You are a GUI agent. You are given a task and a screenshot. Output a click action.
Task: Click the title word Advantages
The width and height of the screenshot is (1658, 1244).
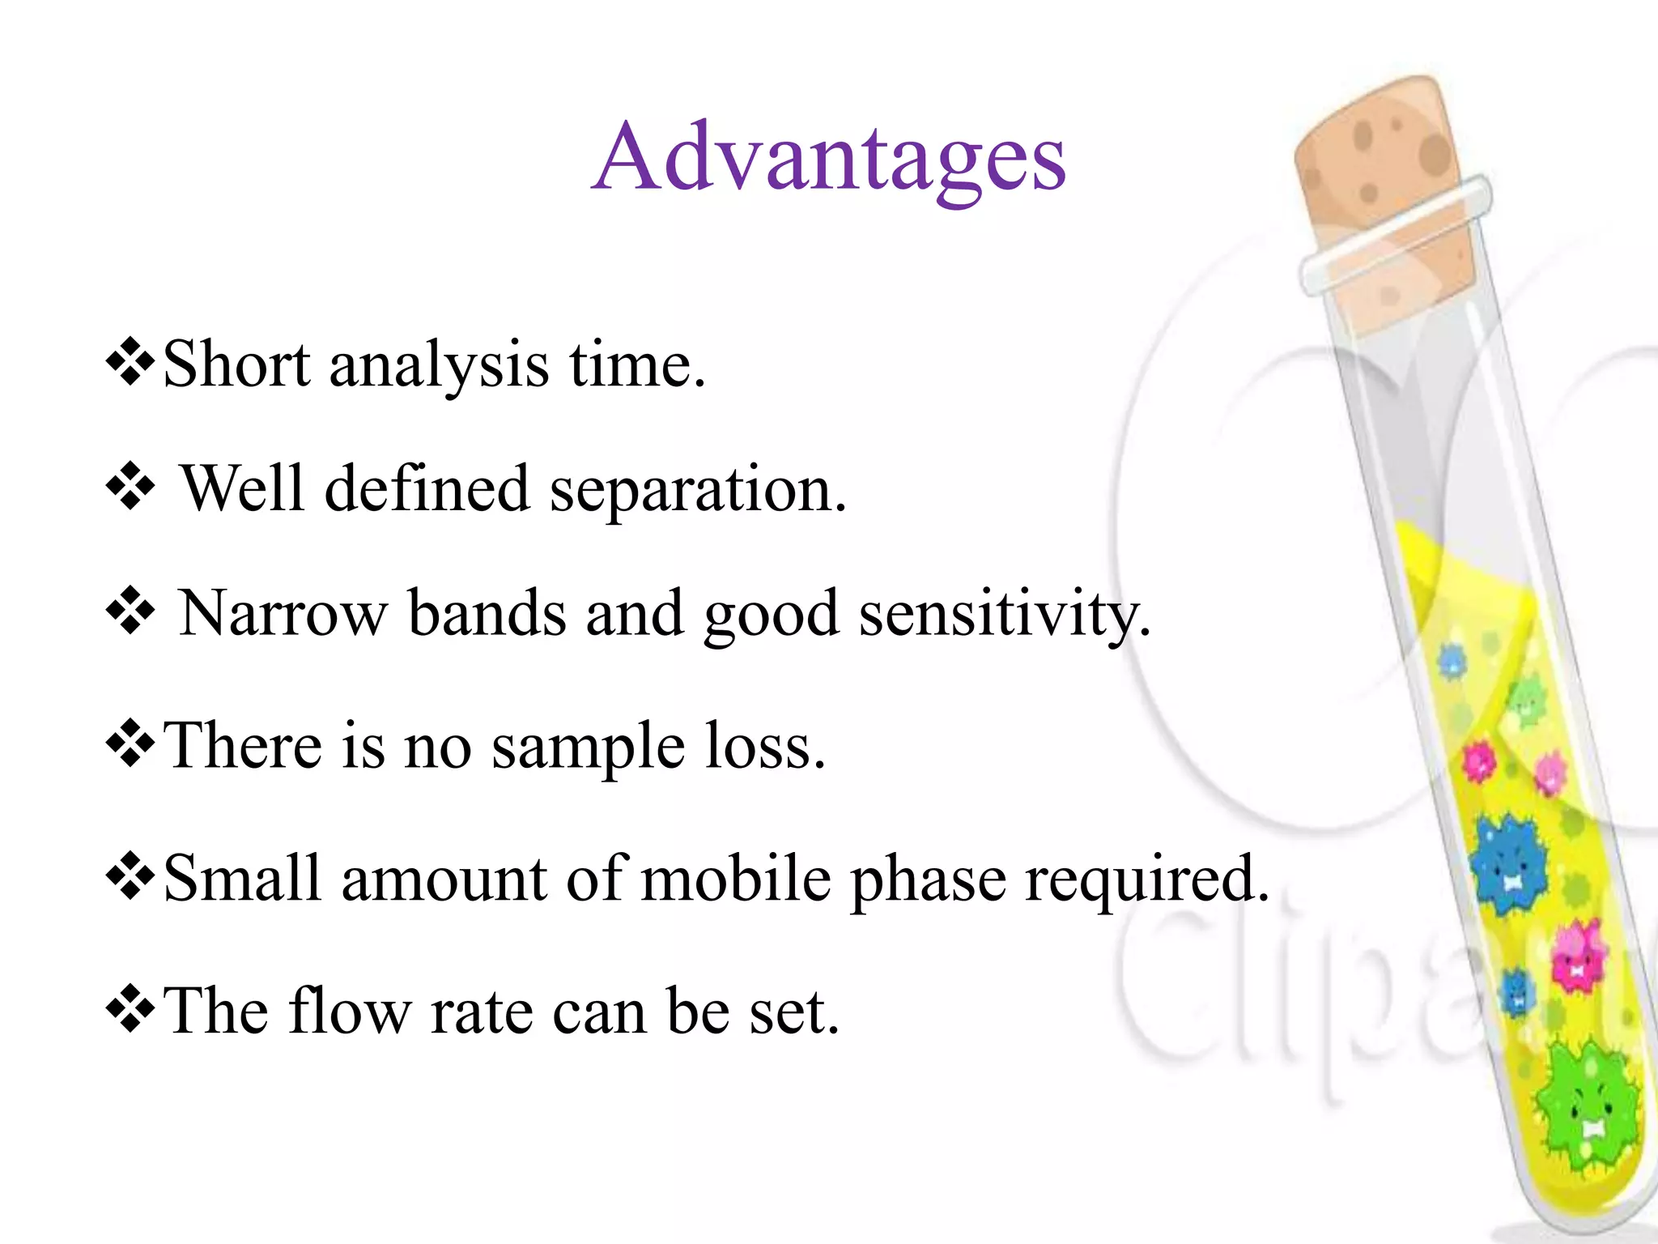click(828, 158)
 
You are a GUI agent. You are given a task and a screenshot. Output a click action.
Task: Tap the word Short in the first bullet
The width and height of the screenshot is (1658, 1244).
click(236, 365)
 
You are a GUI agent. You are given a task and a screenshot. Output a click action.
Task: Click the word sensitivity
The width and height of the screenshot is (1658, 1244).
click(1004, 614)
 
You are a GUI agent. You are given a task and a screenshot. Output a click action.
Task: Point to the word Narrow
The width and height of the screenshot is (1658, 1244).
click(283, 614)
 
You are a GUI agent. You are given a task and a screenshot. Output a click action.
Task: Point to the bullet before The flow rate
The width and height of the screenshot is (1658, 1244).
click(130, 1009)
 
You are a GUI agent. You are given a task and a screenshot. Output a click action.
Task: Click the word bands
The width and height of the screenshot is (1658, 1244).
click(486, 613)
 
